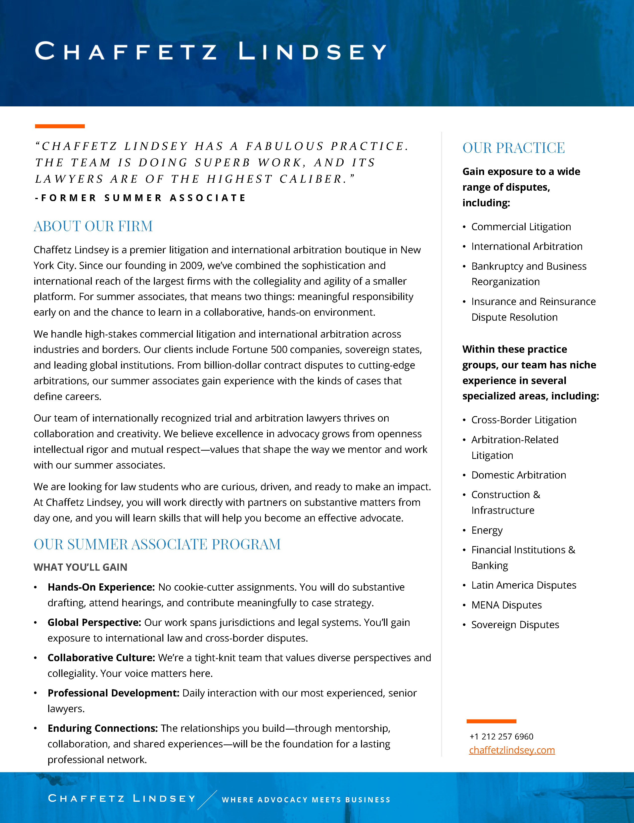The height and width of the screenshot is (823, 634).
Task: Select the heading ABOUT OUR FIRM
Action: [x=93, y=226]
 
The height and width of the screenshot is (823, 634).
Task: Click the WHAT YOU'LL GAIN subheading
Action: [x=80, y=567]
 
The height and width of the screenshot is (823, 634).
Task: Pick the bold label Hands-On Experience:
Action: [x=101, y=587]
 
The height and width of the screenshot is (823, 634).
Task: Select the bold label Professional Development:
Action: [x=113, y=693]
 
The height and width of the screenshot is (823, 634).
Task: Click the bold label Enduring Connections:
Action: [x=102, y=728]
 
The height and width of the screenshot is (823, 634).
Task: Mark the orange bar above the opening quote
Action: [x=60, y=126]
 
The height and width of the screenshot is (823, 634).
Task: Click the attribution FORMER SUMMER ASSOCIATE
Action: [x=140, y=198]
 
